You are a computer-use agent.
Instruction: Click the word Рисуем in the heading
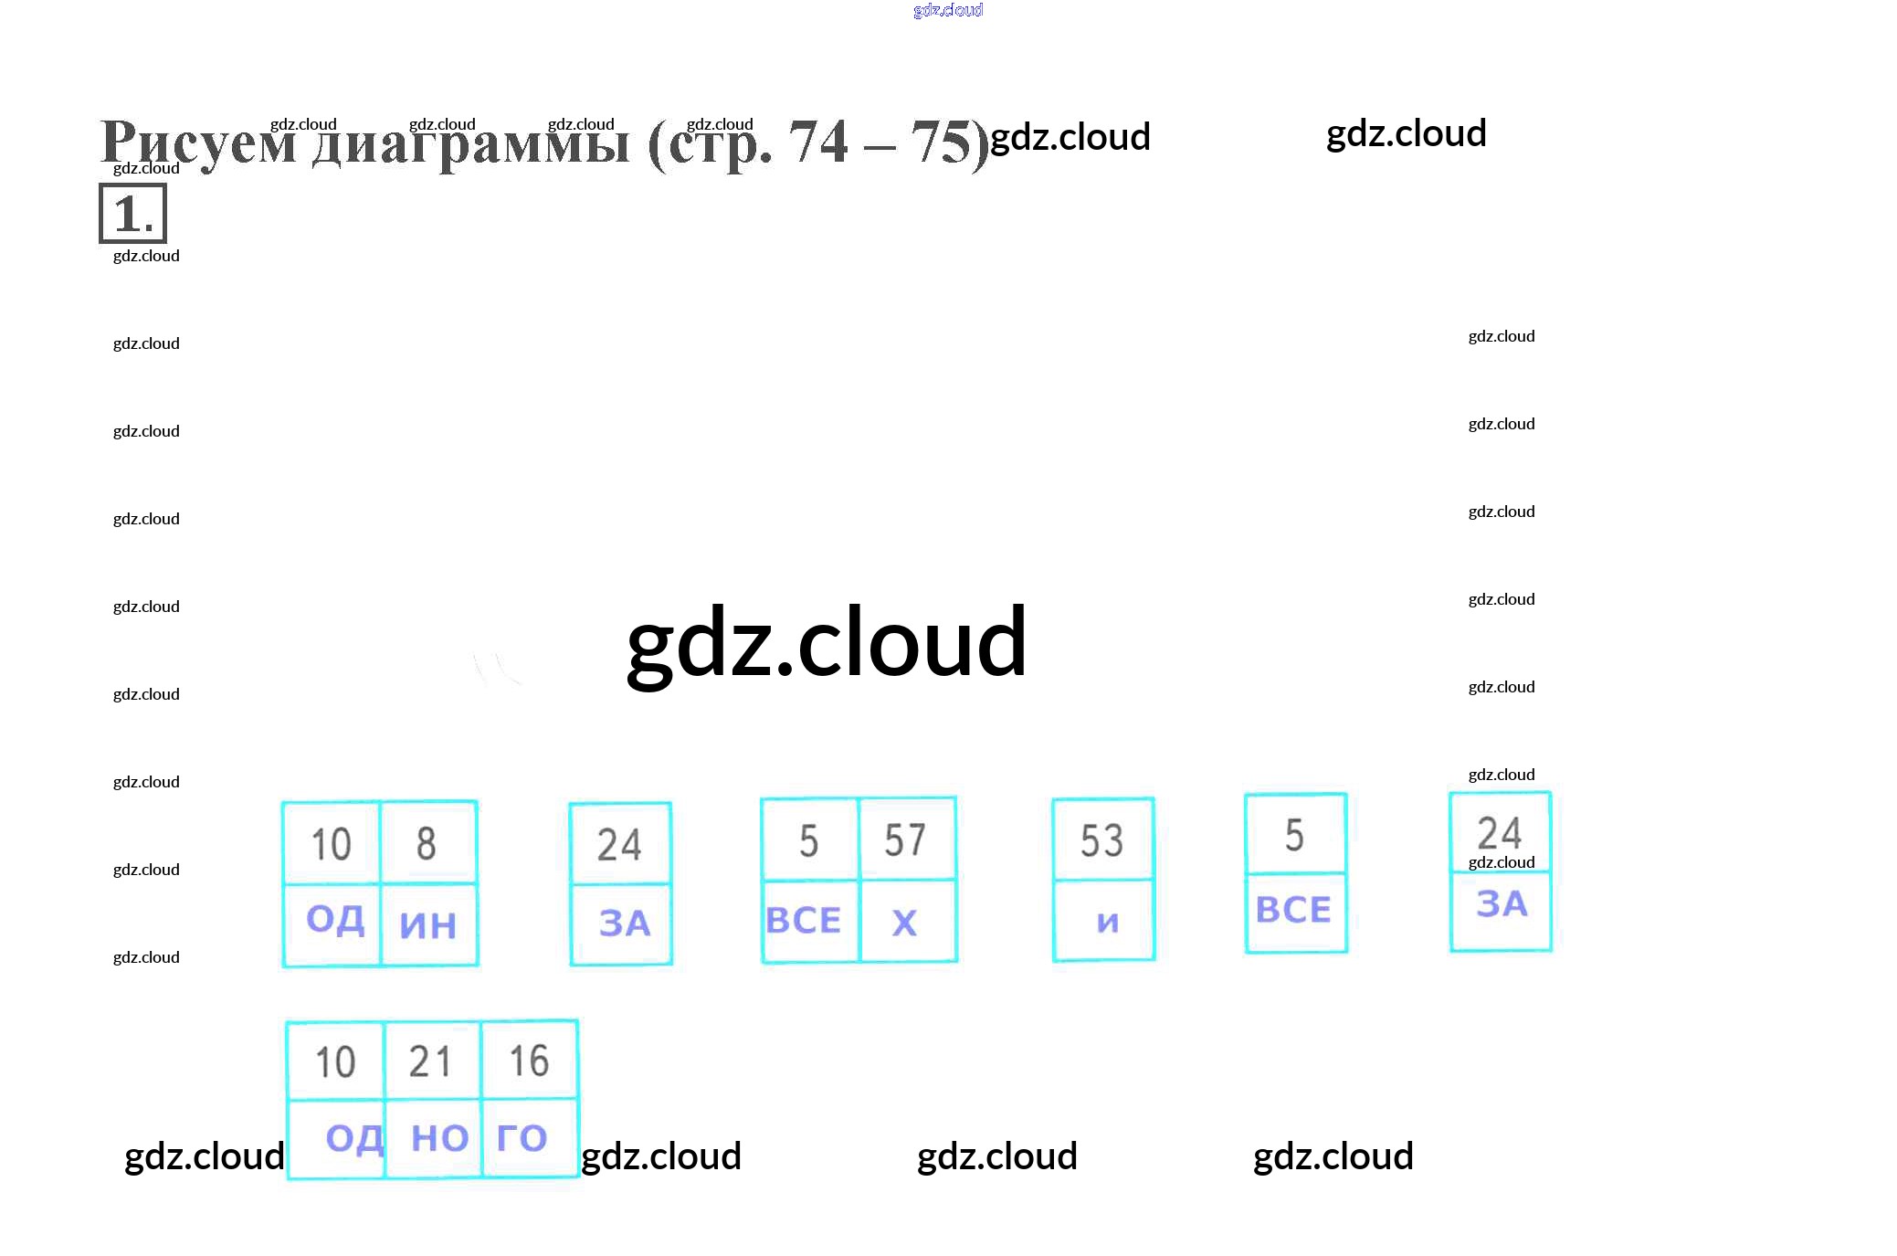tap(197, 144)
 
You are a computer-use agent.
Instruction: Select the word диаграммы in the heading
tap(470, 144)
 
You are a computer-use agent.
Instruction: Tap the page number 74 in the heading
tap(818, 142)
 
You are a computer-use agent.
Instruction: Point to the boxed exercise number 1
tap(133, 214)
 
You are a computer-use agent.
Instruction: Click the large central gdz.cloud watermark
tap(827, 643)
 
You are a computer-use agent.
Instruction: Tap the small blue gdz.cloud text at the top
tap(948, 10)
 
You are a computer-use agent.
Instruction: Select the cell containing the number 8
tap(427, 843)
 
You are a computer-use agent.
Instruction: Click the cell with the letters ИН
tap(428, 924)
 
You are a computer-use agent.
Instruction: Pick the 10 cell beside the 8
tap(331, 843)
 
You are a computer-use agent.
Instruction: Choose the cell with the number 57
tap(905, 839)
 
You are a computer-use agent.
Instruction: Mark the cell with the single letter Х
tap(905, 922)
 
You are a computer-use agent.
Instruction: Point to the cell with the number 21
tap(430, 1061)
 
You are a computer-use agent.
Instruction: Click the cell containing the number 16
tap(529, 1061)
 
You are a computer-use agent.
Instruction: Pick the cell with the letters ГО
tap(523, 1137)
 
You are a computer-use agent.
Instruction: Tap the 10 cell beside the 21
tap(335, 1061)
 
